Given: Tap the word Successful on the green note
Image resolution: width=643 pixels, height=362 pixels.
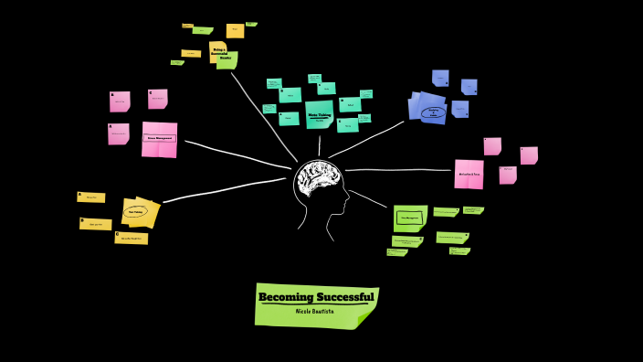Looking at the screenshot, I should coord(344,297).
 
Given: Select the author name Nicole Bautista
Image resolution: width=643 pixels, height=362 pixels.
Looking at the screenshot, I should coord(315,312).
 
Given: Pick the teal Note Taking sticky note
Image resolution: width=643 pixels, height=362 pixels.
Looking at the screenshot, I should coord(319,115).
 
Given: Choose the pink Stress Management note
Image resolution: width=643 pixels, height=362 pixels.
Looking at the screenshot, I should coord(159,139).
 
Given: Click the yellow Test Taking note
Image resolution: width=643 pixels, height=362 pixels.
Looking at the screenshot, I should coord(138,211).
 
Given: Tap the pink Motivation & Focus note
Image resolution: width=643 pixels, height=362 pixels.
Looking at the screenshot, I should coord(469,173).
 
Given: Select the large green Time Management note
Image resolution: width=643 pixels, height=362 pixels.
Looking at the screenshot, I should coord(410,218).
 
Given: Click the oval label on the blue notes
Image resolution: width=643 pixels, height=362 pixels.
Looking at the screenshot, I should coord(433,112).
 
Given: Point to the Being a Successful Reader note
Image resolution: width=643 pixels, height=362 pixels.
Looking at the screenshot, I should coord(220,53).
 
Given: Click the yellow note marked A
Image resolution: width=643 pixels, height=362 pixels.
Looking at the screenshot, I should coord(91,197).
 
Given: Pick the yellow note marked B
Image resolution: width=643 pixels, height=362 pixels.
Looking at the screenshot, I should coord(95,223).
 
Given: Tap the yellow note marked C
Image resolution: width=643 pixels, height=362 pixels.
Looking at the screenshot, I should coord(131,238).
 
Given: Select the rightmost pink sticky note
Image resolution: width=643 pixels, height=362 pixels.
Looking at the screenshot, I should coord(529,155).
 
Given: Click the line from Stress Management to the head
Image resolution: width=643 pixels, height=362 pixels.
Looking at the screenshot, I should coord(237,154).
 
